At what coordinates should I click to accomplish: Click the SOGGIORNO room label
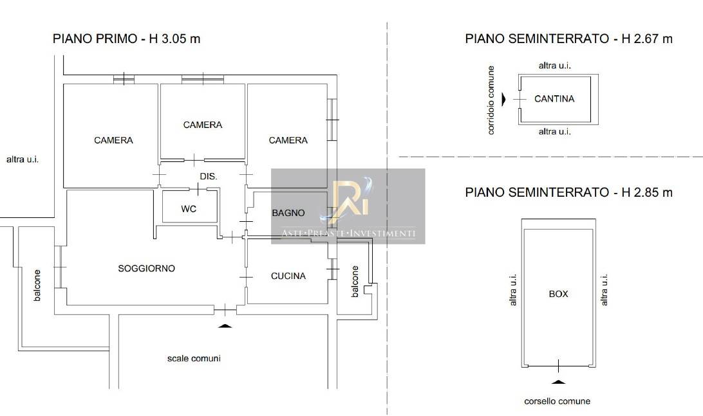[146, 268]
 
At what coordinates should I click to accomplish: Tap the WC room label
[189, 209]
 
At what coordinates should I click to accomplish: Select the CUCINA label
[288, 276]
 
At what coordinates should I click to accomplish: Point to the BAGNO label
[288, 213]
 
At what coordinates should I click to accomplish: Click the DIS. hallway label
[209, 176]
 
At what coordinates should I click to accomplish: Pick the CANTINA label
[554, 98]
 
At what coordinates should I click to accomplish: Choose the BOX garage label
[558, 294]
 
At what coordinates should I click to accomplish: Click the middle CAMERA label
[203, 125]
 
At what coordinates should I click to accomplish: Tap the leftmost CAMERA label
[113, 140]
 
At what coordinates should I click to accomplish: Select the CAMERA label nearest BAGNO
[288, 140]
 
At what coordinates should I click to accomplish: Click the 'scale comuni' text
[194, 358]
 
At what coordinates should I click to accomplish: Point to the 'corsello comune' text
[558, 401]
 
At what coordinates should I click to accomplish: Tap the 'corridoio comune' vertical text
[491, 100]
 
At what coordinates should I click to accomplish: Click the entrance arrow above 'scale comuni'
[225, 325]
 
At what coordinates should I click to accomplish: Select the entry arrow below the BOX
[558, 381]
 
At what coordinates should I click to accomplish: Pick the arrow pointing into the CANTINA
[503, 98]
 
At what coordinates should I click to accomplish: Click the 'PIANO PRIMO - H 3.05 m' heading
[126, 39]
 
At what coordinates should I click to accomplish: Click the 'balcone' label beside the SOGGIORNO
[37, 285]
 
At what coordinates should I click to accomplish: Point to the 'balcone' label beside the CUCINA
[355, 281]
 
